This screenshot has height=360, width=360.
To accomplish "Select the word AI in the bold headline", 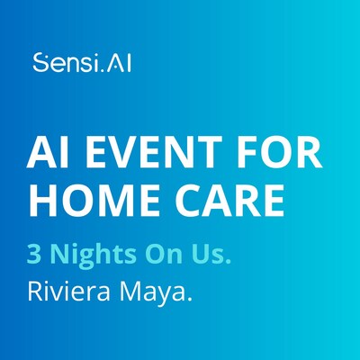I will (58, 156).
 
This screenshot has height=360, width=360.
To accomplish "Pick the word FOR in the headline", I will (279, 156).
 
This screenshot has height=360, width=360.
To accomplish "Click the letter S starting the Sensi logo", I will (39, 64).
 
